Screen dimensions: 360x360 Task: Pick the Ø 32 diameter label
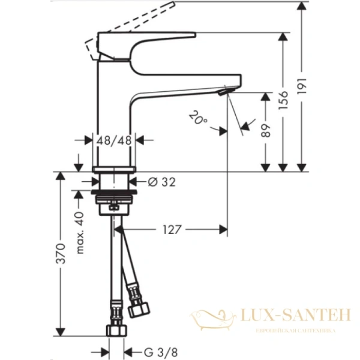pyautogui.click(x=160, y=182)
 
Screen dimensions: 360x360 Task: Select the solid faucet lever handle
pyautogui.click(x=150, y=42)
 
